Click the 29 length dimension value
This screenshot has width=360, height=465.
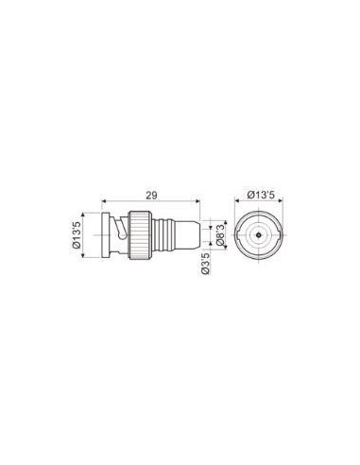(151, 195)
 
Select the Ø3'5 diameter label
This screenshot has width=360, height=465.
(205, 264)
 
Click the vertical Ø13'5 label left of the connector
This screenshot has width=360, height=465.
(77, 235)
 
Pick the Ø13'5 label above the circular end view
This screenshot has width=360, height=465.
(261, 195)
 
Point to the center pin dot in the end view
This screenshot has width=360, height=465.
(259, 235)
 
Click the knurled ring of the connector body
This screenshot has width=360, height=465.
(140, 235)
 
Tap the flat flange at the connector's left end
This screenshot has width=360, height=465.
(105, 235)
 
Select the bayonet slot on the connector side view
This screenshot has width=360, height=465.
(120, 229)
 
